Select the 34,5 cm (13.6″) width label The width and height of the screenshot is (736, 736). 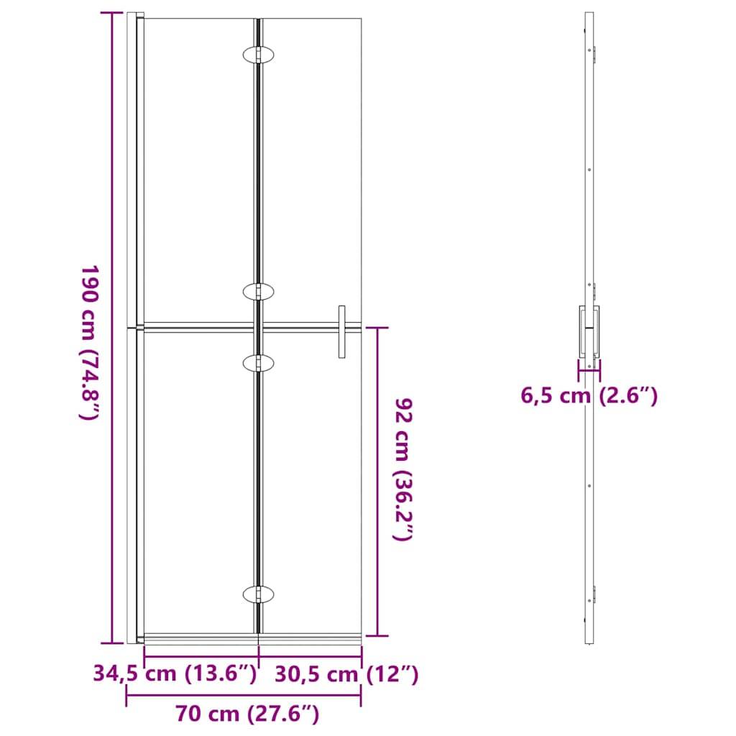tap(175, 674)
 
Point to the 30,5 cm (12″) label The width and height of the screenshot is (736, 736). tap(346, 674)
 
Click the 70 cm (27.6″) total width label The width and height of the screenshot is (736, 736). tap(247, 714)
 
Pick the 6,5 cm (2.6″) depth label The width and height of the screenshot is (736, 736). tap(589, 395)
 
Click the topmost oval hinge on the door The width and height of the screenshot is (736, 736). tap(258, 55)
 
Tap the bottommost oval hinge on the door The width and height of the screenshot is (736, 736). tap(258, 594)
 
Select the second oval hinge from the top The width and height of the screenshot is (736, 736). tap(258, 291)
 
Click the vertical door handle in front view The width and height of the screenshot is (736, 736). tap(342, 331)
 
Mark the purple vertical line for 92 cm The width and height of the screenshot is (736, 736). tap(377, 482)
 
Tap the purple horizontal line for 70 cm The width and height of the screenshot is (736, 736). tap(244, 695)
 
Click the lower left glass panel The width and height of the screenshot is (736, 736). tap(199, 482)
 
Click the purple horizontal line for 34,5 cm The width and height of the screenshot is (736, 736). tap(201, 657)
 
